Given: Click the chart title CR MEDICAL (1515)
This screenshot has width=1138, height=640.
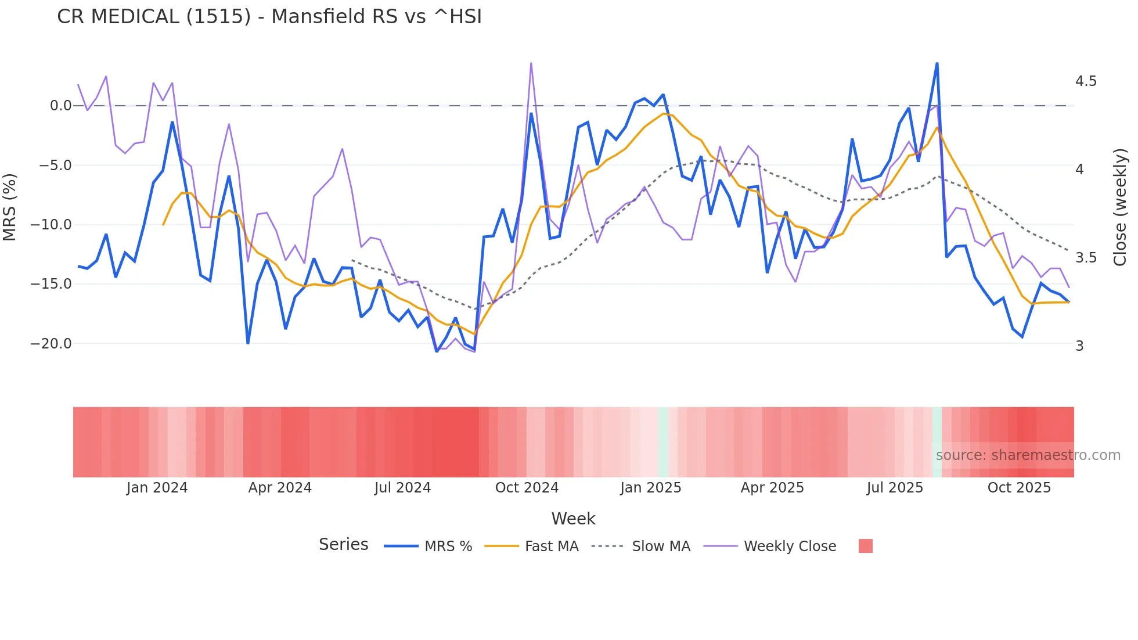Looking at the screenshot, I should (269, 16).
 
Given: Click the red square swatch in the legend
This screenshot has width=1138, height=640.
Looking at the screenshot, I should (865, 546).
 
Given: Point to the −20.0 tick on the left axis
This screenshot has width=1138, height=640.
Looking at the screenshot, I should (51, 344).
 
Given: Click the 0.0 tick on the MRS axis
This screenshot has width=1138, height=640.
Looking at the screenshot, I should (60, 106).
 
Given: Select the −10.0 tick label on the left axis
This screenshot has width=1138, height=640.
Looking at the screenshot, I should (51, 225).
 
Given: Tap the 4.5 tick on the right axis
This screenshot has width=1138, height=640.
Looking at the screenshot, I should (1086, 81).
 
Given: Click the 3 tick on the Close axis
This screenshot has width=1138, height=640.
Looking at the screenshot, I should (1079, 346).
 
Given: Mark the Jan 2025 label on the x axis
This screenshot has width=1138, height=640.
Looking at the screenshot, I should (650, 488).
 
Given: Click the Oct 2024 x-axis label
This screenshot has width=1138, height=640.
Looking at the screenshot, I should (527, 488).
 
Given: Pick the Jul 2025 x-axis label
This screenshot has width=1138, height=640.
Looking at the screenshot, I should (895, 488).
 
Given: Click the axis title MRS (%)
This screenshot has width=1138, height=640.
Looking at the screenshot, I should (10, 207).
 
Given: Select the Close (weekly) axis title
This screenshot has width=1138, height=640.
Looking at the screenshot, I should (1120, 207).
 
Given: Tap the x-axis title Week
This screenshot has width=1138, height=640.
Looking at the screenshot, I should (573, 519).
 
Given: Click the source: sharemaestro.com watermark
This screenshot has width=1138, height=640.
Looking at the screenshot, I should (1028, 455).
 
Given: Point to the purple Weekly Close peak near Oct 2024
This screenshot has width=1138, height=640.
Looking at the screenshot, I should (531, 63).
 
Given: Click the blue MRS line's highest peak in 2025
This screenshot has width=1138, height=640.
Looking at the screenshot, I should (937, 63).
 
